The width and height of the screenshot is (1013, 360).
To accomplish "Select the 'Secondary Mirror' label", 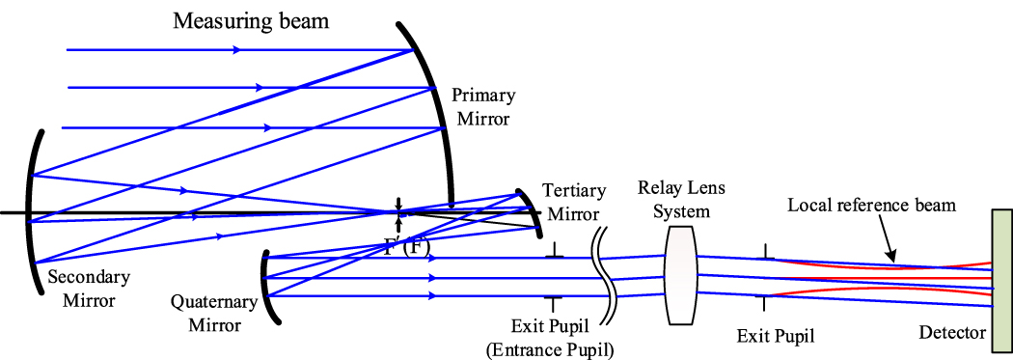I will pyautogui.click(x=81, y=290).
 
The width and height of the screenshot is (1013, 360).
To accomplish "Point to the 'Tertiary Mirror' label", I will pyautogui.click(x=570, y=200).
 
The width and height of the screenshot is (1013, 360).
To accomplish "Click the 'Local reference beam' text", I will pyautogui.click(x=871, y=205).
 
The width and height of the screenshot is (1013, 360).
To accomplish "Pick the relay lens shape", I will pyautogui.click(x=681, y=276).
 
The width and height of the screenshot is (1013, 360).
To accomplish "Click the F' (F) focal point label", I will pyautogui.click(x=404, y=245).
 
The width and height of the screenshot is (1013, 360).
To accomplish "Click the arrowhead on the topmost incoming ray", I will pyautogui.click(x=235, y=50).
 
